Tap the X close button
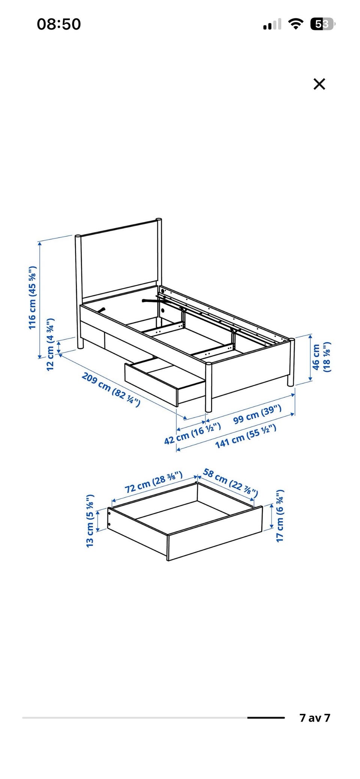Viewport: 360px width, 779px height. pos(319,84)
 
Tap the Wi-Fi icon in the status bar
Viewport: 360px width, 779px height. pos(296,24)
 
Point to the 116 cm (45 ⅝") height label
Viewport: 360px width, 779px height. pos(32,298)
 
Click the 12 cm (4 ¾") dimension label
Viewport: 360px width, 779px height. pos(50,344)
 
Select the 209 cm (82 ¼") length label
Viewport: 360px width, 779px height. pos(111,389)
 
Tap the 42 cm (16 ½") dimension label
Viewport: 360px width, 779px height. pos(192,433)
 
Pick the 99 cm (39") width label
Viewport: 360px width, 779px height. pos(257,414)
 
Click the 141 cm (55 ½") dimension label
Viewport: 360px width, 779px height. pos(246,436)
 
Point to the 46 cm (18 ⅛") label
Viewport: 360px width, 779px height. pos(322,357)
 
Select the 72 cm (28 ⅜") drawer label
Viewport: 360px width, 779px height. pos(154,482)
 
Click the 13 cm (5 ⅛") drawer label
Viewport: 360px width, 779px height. pos(90,520)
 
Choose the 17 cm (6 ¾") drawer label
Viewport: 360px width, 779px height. pos(280,515)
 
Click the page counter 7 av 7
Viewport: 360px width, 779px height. pos(315,718)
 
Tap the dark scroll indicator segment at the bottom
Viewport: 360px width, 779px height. pos(266,718)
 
